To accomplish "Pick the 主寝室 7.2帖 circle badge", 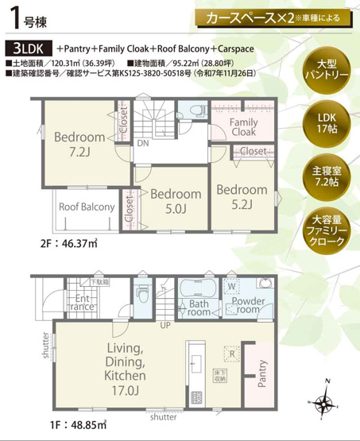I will click(328, 174).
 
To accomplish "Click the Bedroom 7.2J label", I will click(79, 143).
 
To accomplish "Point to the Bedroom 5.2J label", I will click(242, 197).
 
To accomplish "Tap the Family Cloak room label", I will click(242, 129).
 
